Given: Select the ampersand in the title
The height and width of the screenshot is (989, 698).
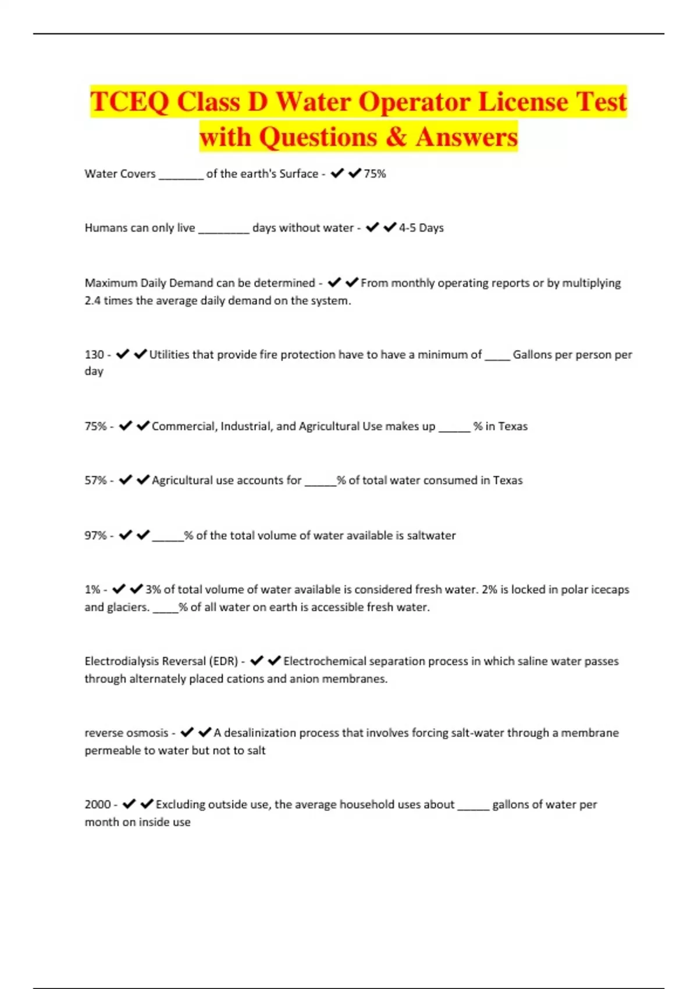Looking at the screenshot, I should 396,137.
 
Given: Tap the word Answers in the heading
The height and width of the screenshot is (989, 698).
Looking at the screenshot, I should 466,137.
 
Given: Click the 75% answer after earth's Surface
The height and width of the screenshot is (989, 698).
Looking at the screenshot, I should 375,174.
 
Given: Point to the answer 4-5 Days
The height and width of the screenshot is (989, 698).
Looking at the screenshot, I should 421,228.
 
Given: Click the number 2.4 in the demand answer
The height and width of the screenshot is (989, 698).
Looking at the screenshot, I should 92,301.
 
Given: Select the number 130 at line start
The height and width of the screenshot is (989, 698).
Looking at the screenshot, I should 94,354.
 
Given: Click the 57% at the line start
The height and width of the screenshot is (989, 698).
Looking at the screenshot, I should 95,481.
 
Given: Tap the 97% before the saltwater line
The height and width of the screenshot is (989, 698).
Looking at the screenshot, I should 95,535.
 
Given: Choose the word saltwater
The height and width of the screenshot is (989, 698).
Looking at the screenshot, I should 431,535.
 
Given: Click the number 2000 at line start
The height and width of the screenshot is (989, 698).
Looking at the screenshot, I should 98,805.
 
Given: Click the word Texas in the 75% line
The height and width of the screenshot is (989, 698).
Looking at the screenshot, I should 512,426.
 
